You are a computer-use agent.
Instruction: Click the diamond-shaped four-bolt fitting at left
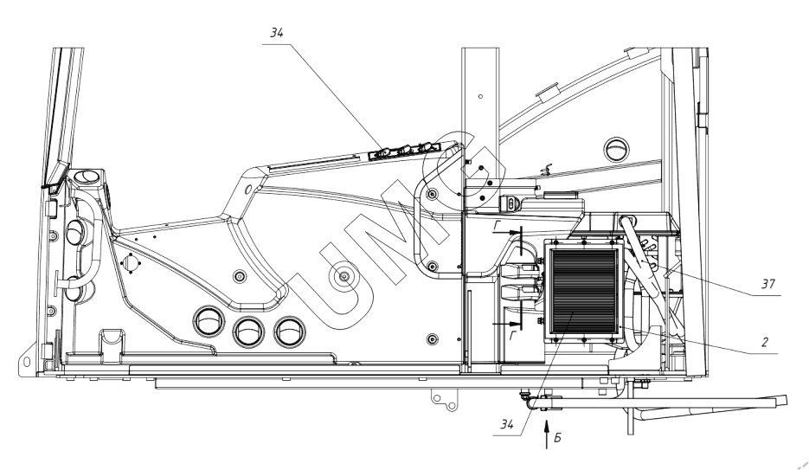click(x=130, y=262)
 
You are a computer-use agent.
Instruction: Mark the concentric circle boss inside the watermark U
click(x=344, y=277)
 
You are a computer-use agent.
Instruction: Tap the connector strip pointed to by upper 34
click(x=402, y=151)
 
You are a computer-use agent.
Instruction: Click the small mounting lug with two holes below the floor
click(x=444, y=399)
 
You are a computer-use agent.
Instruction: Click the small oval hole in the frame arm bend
click(x=249, y=188)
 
